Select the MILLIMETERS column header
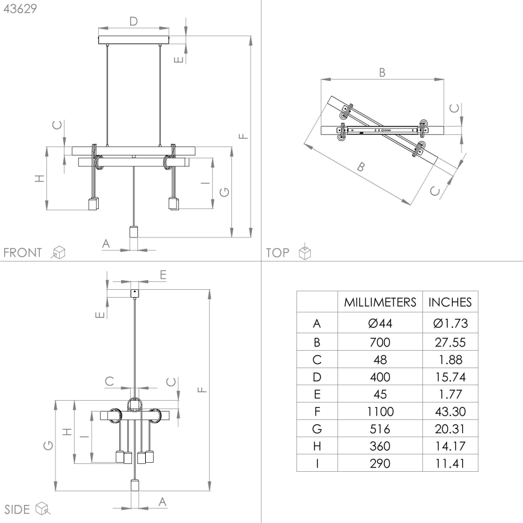[380, 302]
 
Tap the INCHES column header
[450, 302]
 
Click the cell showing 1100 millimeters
[380, 412]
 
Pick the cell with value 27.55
[450, 342]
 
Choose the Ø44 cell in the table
[380, 324]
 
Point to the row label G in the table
[317, 430]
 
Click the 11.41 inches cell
[450, 463]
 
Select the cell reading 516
[380, 430]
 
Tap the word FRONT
[23, 252]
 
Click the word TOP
[277, 253]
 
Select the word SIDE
[17, 510]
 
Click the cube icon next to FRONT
[58, 252]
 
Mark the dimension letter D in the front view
[134, 21]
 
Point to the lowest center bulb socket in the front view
[134, 232]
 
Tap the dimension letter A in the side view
[162, 501]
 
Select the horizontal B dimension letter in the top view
[382, 72]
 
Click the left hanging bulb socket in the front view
[93, 204]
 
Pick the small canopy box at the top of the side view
[134, 293]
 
